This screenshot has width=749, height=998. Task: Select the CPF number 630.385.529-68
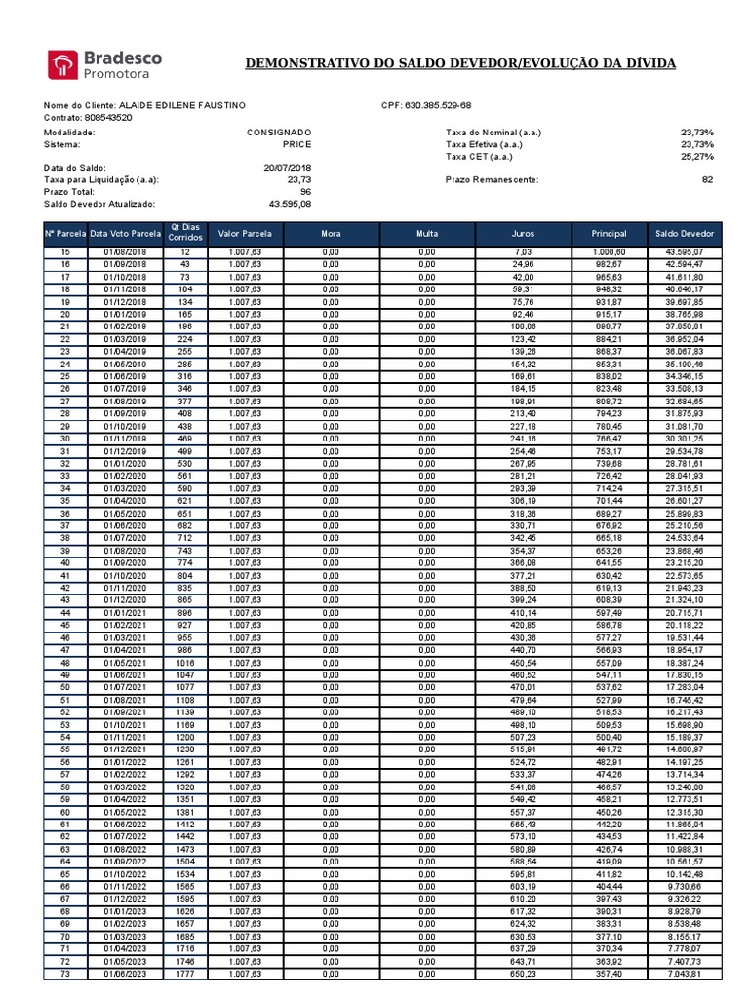click(438, 105)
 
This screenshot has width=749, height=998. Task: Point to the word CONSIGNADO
click(279, 132)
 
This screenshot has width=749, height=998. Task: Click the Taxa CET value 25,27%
click(697, 156)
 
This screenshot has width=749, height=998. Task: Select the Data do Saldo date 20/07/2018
click(288, 168)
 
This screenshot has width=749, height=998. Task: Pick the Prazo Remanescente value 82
click(707, 179)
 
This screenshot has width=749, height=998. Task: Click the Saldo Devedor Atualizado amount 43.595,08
click(290, 204)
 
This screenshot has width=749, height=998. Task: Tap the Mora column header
click(331, 234)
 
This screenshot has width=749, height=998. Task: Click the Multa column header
click(427, 234)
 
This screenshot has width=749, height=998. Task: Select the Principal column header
click(609, 234)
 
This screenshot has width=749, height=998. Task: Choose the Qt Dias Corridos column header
click(185, 233)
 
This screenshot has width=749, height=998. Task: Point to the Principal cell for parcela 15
click(609, 252)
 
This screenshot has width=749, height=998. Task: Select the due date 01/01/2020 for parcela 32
click(125, 464)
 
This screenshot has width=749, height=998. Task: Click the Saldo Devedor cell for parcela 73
click(685, 973)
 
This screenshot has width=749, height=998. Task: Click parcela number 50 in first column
click(65, 687)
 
